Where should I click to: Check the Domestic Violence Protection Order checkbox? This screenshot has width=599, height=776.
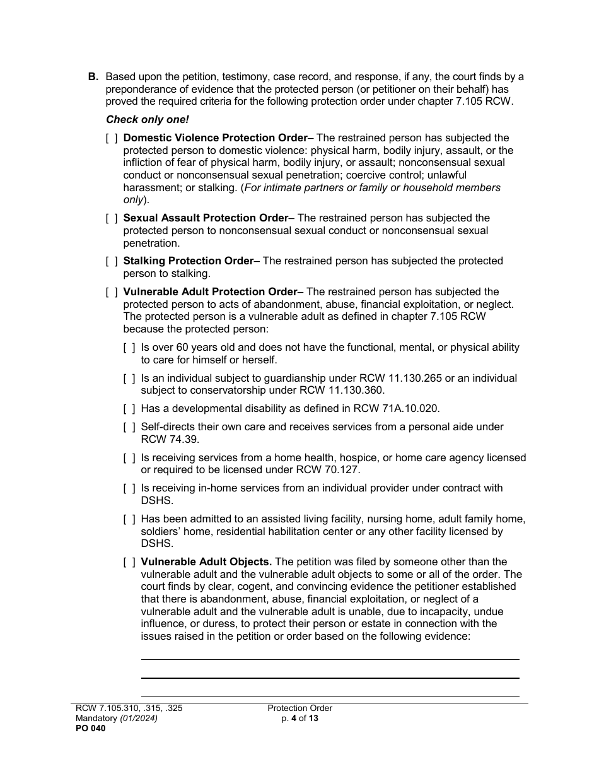pos(112,138)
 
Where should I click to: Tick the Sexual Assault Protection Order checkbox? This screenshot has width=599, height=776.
pos(112,218)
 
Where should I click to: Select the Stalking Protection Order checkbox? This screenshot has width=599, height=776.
pos(112,261)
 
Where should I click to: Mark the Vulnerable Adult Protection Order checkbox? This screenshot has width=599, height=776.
pos(112,292)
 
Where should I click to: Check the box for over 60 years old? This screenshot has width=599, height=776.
pos(129,348)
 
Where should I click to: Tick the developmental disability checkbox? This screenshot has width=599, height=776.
pos(129,409)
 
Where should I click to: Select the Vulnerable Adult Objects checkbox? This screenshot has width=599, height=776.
pos(129,562)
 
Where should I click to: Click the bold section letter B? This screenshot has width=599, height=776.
pos(93,77)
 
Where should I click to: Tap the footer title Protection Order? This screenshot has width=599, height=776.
pos(299,708)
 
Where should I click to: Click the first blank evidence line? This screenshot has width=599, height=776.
pos(330,659)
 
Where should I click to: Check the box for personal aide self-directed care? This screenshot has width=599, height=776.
pos(129,427)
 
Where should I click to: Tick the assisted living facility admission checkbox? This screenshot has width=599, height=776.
pos(129,519)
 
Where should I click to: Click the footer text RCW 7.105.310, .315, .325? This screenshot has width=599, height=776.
pos(129,708)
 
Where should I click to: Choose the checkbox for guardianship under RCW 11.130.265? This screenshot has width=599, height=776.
pos(129,379)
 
